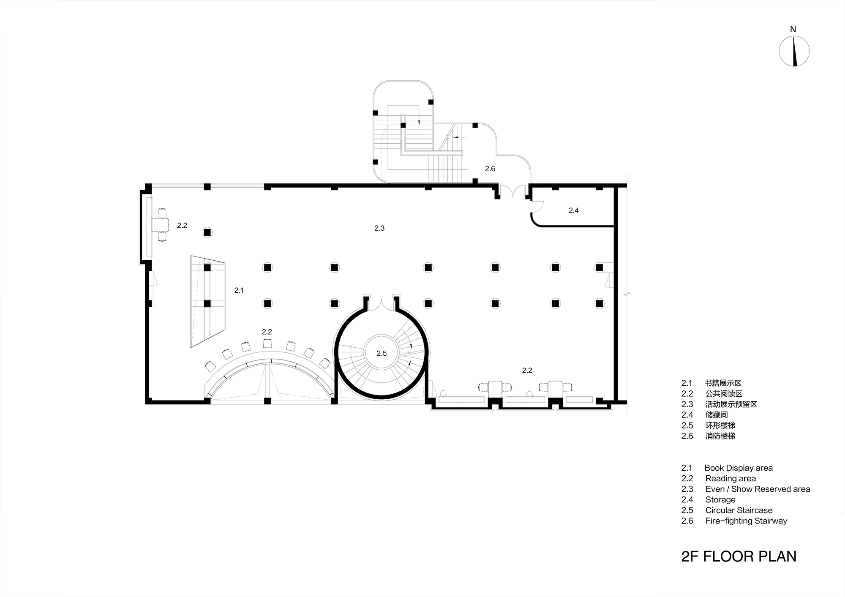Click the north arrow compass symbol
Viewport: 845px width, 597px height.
pyautogui.click(x=794, y=52)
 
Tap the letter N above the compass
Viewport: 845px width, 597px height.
pyautogui.click(x=793, y=29)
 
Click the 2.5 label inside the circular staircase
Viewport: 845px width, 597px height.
pyautogui.click(x=382, y=353)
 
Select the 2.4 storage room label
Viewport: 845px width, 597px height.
pyautogui.click(x=573, y=210)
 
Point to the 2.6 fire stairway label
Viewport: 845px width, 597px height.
pyautogui.click(x=490, y=169)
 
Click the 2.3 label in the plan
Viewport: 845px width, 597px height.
pyautogui.click(x=379, y=228)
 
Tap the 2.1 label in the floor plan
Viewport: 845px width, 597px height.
pyautogui.click(x=239, y=290)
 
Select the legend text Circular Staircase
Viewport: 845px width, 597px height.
pyautogui.click(x=739, y=510)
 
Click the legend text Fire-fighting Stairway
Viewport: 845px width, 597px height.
pyautogui.click(x=746, y=521)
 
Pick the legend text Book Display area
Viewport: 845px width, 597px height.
pyautogui.click(x=738, y=468)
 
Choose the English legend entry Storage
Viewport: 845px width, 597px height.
pyautogui.click(x=720, y=499)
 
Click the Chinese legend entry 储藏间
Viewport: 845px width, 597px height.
pyautogui.click(x=717, y=415)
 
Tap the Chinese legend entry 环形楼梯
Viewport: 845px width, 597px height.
pyautogui.click(x=720, y=425)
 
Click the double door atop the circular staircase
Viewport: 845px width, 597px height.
pyautogui.click(x=382, y=304)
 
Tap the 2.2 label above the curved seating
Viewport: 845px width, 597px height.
pyautogui.click(x=267, y=332)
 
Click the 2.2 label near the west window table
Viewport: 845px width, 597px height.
pyautogui.click(x=182, y=226)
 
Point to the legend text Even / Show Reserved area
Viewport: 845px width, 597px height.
pyautogui.click(x=758, y=489)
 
